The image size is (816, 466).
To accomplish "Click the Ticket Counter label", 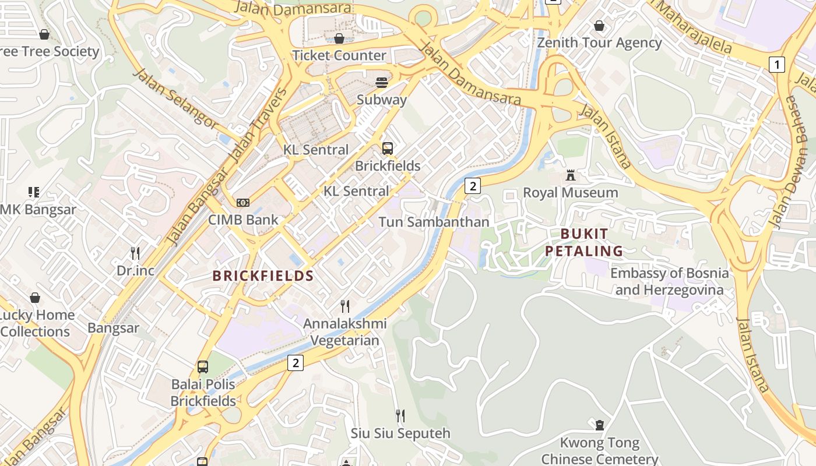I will tap(339, 55).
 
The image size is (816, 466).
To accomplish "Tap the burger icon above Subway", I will tap(382, 82).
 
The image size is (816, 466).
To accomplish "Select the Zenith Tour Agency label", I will tap(599, 43).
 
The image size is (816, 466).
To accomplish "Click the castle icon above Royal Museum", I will tap(571, 175).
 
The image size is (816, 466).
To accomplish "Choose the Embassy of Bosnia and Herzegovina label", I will tap(669, 281).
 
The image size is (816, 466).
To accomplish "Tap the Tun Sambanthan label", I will tap(434, 222).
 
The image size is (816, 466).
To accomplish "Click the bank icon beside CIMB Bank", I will tap(243, 203).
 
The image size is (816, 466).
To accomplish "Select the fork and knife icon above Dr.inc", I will tap(135, 253).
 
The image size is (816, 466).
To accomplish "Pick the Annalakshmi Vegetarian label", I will tap(345, 331).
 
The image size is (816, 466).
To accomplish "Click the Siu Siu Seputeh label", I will tap(400, 433).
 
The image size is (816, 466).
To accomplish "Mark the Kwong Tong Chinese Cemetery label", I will tap(600, 451).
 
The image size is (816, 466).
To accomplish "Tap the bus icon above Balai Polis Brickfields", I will tap(203, 367).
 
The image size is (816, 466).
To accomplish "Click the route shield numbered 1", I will tap(776, 64).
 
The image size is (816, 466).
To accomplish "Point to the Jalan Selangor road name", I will tap(175, 98).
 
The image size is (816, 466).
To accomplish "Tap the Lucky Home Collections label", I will tap(36, 323).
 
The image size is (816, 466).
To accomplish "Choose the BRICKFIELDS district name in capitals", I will tap(263, 276).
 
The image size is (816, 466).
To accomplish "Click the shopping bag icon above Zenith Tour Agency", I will tap(599, 26).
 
